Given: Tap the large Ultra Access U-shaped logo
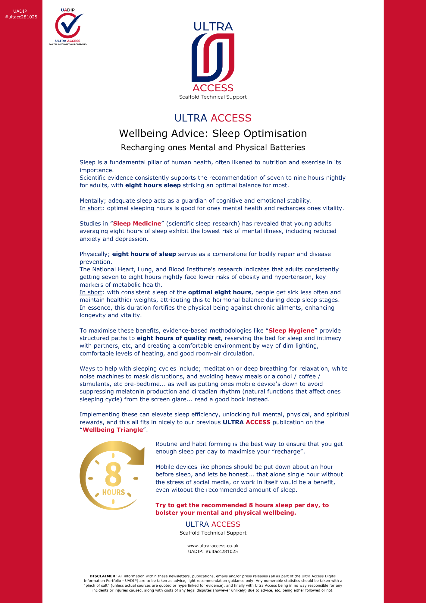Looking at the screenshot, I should click(213, 57).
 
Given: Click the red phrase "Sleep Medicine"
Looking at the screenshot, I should click(137, 223).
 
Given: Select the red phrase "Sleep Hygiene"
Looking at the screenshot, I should click(291, 330).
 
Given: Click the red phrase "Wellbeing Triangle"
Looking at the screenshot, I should click(113, 430).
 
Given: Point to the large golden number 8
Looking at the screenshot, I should click(113, 475).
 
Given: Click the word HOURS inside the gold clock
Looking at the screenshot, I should click(114, 492).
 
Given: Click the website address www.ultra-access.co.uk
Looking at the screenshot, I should click(213, 546).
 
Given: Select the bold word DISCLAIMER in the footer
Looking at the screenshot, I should click(102, 576).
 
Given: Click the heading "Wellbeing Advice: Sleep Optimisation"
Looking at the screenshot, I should click(213, 133).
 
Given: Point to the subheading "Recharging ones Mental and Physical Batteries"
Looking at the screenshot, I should click(213, 147).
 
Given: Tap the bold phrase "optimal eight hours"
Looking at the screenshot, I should click(219, 292).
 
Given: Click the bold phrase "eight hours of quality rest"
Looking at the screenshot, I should click(179, 338).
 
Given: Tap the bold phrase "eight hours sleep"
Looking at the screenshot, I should click(153, 185).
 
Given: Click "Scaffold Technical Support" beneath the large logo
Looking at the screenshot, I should click(213, 97).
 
